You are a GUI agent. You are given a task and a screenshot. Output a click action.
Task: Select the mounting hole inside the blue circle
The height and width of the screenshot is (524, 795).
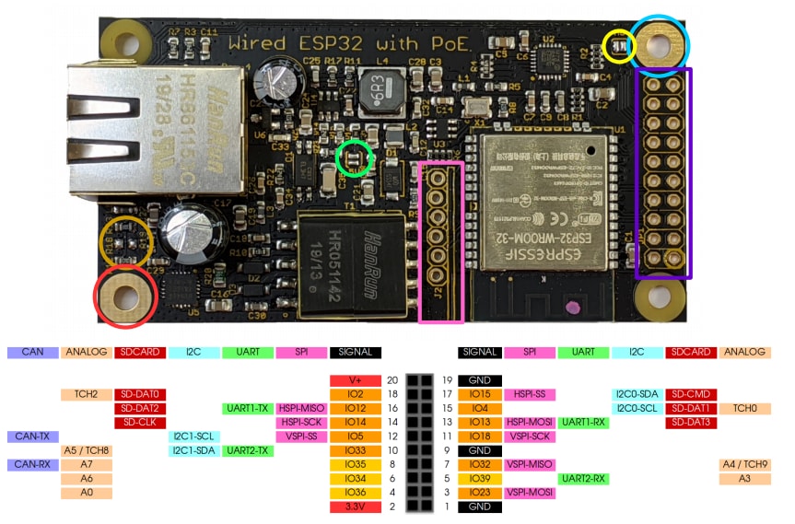coord(659,41)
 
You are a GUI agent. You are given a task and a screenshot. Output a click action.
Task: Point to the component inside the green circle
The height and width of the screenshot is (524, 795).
coord(356,159)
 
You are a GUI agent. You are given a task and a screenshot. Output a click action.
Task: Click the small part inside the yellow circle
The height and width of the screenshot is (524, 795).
coord(619,44)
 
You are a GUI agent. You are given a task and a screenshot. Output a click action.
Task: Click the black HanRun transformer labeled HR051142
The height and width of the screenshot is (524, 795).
coord(353,263)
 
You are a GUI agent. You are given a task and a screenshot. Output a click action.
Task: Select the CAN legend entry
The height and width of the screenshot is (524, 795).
coord(32,352)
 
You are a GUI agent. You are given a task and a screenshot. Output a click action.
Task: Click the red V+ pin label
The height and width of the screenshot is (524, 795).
coord(355,380)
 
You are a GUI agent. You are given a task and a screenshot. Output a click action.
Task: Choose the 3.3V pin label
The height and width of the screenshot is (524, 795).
coord(355,507)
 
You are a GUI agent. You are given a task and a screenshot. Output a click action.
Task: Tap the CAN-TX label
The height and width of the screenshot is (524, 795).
coord(32,437)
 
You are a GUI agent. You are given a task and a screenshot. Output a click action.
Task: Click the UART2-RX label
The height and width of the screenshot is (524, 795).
coord(583,479)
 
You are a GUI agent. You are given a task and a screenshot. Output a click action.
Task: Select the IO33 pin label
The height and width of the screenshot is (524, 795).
coord(355,450)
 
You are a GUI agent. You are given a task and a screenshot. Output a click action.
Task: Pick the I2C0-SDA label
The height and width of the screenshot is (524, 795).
coord(636,394)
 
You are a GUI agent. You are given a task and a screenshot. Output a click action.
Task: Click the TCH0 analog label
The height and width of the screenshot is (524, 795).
coord(744,408)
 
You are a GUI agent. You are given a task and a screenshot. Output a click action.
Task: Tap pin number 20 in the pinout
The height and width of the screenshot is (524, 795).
coord(392,380)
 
